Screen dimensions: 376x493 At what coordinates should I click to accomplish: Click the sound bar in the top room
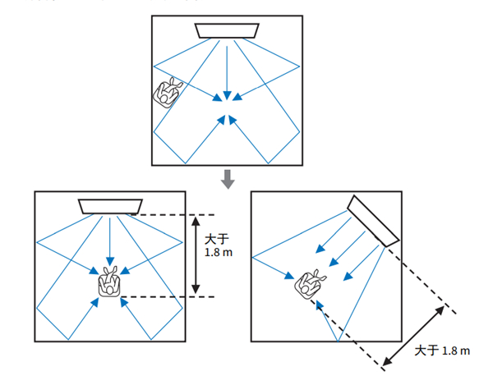pos(228,30)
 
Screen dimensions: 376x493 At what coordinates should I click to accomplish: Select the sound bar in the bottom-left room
pos(110,205)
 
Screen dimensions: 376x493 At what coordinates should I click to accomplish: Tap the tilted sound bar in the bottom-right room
pos(373,220)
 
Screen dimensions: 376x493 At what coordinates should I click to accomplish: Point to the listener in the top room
pos(168,92)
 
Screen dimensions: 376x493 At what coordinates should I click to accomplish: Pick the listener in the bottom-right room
pos(309,284)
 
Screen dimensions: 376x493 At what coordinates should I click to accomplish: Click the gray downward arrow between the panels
pos(229,177)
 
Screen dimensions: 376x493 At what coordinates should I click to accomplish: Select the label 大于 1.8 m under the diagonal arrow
pos(442,351)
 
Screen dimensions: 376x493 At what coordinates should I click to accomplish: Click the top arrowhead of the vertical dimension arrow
pos(196,219)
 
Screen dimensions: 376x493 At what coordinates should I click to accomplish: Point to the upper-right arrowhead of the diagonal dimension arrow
pos(444,310)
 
